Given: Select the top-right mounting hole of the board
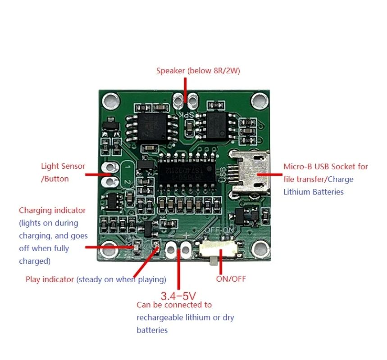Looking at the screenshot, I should coord(259,99).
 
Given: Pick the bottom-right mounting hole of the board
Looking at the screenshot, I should coord(259,247).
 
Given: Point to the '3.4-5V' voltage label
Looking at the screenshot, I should coord(179,296).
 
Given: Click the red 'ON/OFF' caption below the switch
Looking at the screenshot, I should coord(231,279).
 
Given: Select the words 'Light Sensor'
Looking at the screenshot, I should coord(63,166).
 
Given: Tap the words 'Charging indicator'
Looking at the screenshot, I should coord(52,210).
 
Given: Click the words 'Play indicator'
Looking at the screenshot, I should coord(50,279).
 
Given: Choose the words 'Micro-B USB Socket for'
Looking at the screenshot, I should coord(326,166).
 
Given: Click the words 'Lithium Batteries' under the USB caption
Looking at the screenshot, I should coord(314,192).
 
